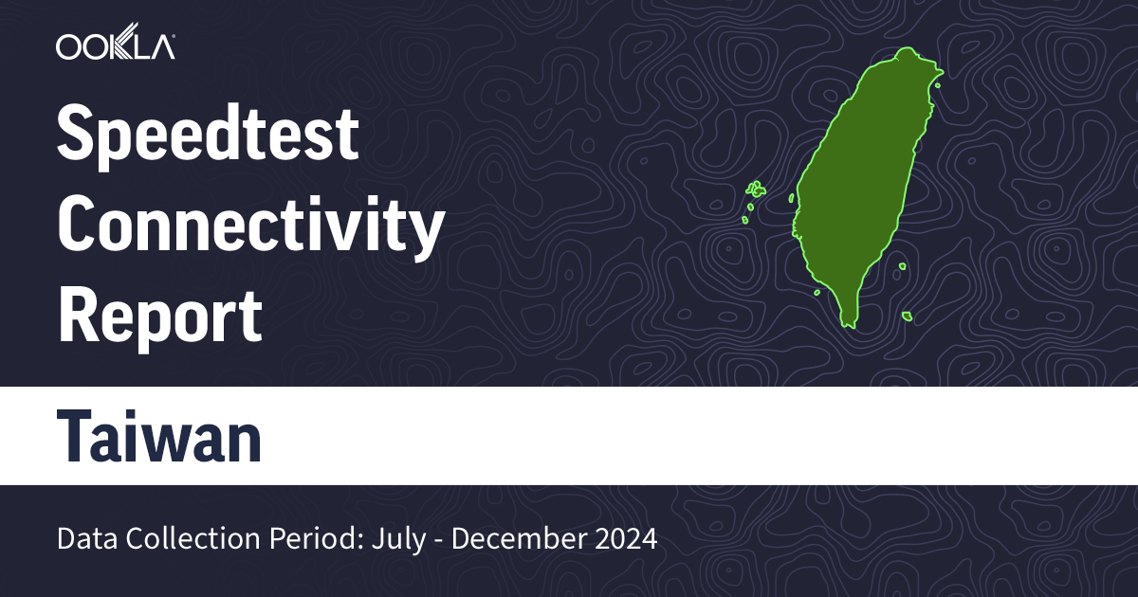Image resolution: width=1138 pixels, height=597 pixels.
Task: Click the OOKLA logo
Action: coord(115,45)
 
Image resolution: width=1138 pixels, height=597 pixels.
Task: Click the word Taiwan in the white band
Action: coord(159,437)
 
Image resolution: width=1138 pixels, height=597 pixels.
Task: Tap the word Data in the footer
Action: coord(83,539)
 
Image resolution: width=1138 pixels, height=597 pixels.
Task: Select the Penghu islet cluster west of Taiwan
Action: coord(755,190)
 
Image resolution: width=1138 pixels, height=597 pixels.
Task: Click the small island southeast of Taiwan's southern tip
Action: coord(906,317)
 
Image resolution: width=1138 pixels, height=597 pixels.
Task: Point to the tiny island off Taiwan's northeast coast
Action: coord(936,86)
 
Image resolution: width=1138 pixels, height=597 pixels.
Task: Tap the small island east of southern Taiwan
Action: coord(900,267)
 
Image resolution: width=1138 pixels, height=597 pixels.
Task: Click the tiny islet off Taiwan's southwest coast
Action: coord(817,292)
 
